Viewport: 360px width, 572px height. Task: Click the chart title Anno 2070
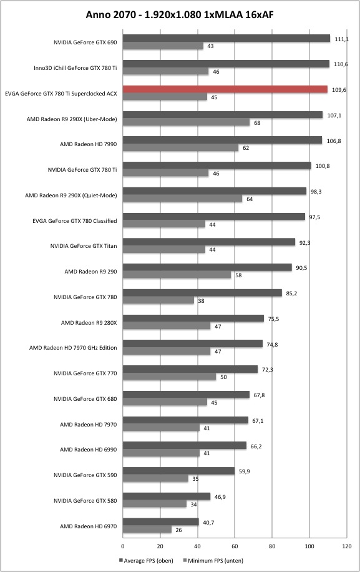109,14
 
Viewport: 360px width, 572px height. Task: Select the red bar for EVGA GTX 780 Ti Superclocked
225,89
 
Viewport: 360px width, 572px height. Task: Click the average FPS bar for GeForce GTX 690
226,38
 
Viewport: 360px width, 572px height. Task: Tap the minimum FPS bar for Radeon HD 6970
147,530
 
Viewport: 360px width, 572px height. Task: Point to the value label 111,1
341,39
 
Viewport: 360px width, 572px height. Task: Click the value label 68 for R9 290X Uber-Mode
257,123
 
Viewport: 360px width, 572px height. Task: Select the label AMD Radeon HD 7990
89,144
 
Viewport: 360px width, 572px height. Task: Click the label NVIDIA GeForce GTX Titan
84,246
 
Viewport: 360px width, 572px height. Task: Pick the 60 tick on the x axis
235,546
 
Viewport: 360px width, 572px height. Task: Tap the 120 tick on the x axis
347,546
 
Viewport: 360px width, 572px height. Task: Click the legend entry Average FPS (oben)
146,560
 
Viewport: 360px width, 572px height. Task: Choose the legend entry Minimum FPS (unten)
213,560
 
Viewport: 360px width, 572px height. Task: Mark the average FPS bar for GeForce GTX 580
167,496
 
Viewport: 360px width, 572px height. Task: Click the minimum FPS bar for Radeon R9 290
177,275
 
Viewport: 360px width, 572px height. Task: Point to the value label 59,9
245,471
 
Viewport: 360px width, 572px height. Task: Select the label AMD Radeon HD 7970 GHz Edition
73,348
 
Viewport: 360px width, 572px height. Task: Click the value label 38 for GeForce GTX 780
201,301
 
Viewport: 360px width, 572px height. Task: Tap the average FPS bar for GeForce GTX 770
190,369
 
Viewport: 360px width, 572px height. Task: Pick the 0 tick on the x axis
123,546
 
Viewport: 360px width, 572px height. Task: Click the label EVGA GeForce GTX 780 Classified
75,220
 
